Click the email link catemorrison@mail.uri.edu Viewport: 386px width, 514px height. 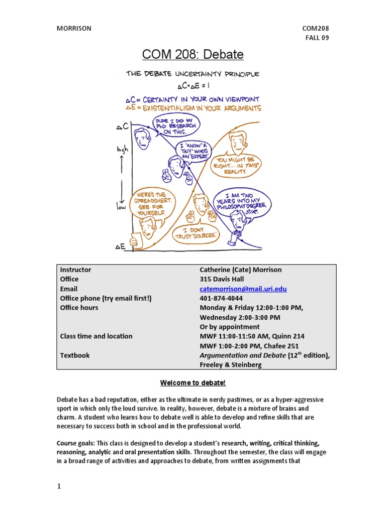tap(243, 289)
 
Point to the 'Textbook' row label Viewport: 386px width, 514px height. tap(75, 355)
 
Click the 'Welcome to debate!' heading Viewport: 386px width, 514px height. tap(193, 383)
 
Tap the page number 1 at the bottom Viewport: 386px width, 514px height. tap(58, 486)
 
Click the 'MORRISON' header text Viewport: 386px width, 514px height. tap(73, 28)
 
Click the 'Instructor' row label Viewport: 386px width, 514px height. tap(75, 270)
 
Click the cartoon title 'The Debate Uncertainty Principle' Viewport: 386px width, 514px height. tap(192, 74)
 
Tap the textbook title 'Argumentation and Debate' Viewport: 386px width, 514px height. tap(242, 355)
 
